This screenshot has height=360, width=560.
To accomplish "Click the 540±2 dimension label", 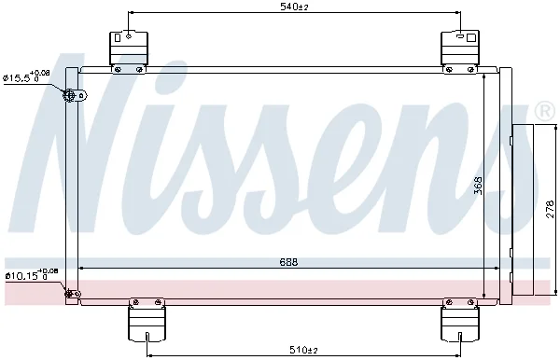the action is click(x=294, y=7).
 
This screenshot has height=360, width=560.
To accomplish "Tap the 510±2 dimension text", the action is click(x=303, y=350).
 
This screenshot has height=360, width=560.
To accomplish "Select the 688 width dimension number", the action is click(x=288, y=262).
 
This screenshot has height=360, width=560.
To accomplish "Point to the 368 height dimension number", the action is click(x=478, y=186).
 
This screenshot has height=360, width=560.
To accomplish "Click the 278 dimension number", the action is click(x=551, y=209).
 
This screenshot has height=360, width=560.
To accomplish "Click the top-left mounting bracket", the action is click(x=128, y=52).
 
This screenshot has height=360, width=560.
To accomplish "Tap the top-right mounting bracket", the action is click(x=460, y=52).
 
